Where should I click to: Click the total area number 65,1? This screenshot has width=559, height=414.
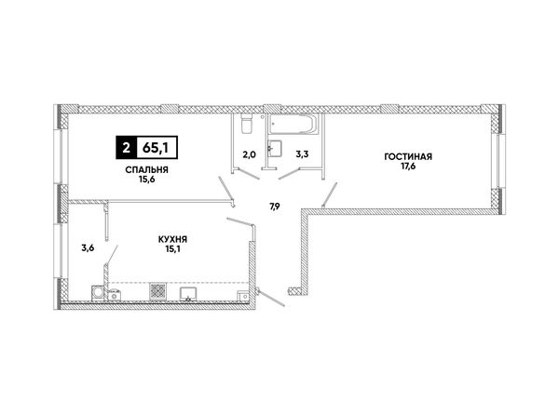(x=156, y=148)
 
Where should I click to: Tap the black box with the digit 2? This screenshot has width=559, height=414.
(x=126, y=147)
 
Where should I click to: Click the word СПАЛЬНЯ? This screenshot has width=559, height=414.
(x=146, y=170)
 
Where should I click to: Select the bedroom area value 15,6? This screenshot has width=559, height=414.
(x=146, y=180)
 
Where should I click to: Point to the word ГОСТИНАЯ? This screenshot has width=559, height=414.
(x=408, y=156)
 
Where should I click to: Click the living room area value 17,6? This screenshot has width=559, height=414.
(x=408, y=166)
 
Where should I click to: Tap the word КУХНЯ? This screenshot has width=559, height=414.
(x=173, y=240)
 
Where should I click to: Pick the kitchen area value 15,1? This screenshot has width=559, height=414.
(x=173, y=248)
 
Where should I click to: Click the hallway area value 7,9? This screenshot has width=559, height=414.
(x=274, y=207)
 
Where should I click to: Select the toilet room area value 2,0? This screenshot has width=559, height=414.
(x=250, y=154)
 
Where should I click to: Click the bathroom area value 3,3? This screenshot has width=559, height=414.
(x=302, y=154)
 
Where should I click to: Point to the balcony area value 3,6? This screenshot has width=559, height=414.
(x=88, y=248)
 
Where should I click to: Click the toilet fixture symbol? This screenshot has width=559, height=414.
(x=247, y=124)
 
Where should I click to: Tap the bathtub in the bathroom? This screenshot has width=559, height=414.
(x=293, y=125)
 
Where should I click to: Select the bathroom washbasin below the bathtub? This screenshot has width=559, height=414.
(x=275, y=149)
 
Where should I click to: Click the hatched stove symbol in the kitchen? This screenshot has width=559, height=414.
(x=158, y=291)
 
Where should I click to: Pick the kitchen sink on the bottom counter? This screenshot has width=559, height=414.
(x=188, y=294)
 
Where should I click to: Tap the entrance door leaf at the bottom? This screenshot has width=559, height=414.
(x=271, y=298)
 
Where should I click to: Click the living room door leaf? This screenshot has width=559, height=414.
(x=330, y=194)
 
